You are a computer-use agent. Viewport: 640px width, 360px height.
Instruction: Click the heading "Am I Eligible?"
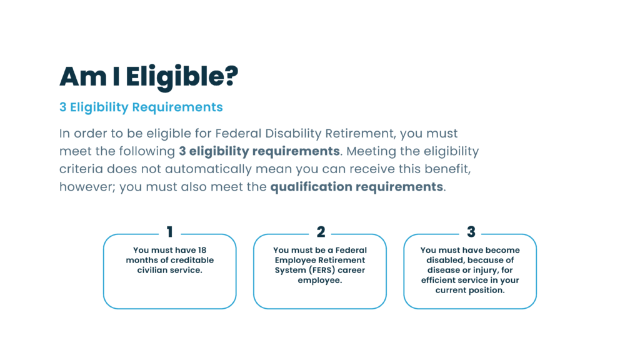coord(149,77)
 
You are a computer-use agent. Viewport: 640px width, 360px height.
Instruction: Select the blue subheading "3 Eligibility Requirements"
coord(141,107)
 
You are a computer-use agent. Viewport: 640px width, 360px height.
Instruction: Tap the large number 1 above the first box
coord(170,232)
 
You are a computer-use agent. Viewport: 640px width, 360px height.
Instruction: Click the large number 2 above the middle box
coord(321,232)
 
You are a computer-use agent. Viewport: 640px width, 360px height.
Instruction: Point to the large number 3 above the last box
coord(471,232)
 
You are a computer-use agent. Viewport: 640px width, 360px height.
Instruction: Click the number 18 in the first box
coord(202,250)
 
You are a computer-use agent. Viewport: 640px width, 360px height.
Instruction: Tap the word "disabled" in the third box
coord(444,260)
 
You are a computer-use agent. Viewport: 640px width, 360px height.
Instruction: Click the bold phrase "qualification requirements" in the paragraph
coord(357,187)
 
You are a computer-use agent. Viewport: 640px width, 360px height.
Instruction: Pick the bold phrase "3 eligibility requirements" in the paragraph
coord(259,151)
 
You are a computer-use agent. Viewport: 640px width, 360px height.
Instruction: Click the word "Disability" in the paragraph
coord(294,134)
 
